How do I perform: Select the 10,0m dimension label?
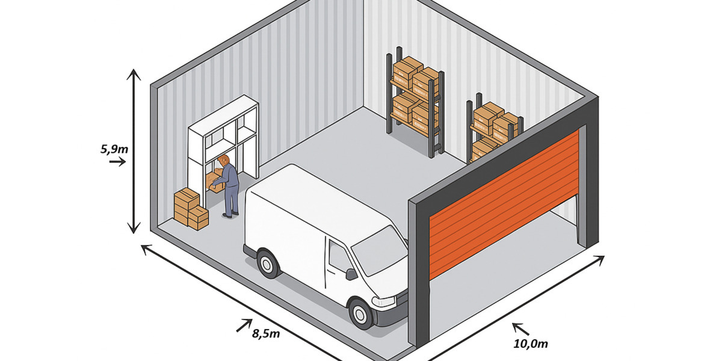point(531,344)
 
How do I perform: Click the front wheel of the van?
point(362,313)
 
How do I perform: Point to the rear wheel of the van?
point(268,263)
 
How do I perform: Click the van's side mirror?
point(351,274)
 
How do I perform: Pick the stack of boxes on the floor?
point(190,208)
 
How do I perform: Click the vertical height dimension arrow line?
point(134,150)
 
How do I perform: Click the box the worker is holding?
point(213,181)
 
